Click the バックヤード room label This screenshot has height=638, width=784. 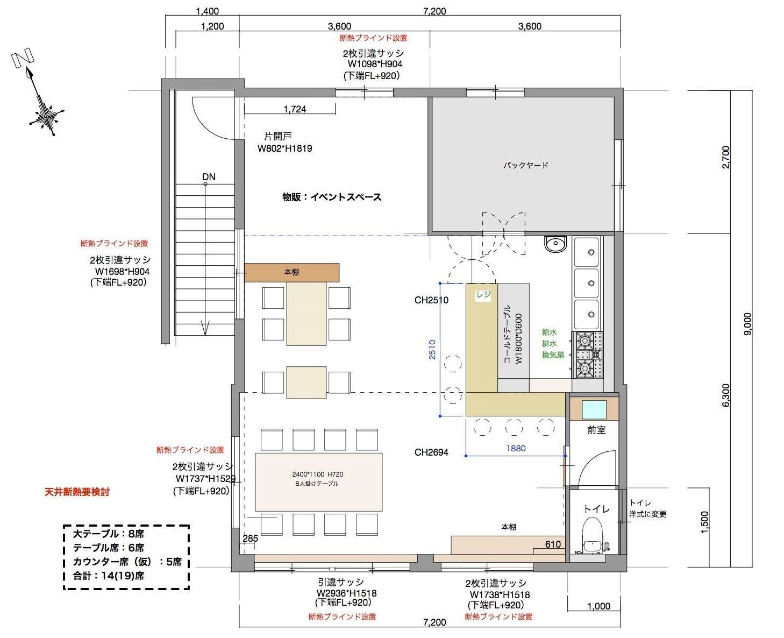pyautogui.click(x=525, y=165)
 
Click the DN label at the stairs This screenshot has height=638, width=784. pyautogui.click(x=209, y=176)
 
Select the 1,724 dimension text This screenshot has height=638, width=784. pyautogui.click(x=295, y=109)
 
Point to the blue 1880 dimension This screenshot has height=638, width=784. pyautogui.click(x=516, y=449)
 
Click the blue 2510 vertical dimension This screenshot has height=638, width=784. pyautogui.click(x=432, y=349)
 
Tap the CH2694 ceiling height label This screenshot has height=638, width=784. pyautogui.click(x=431, y=452)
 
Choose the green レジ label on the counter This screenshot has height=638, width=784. pyautogui.click(x=483, y=294)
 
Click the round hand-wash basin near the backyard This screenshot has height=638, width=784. pyautogui.click(x=555, y=244)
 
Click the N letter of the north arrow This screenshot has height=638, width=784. pyautogui.click(x=23, y=58)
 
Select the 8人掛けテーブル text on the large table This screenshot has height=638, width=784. pyautogui.click(x=317, y=484)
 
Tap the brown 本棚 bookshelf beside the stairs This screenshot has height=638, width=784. pyautogui.click(x=291, y=272)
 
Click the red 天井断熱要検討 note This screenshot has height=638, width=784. pyautogui.click(x=77, y=492)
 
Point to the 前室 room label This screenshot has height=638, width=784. pyautogui.click(x=596, y=430)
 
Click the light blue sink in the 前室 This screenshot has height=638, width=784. pyautogui.click(x=594, y=409)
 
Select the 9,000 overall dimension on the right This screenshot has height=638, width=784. pyautogui.click(x=747, y=324)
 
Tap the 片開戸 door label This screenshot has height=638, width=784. pyautogui.click(x=278, y=136)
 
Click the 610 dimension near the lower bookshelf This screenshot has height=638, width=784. pyautogui.click(x=552, y=544)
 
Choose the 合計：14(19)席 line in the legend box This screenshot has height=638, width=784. pyautogui.click(x=109, y=576)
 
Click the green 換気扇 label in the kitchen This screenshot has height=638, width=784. pyautogui.click(x=553, y=355)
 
